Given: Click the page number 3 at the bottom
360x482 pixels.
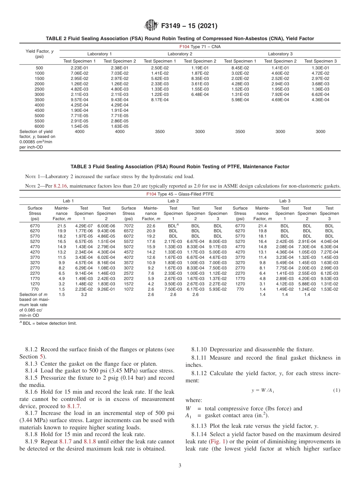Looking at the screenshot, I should coord(180,465).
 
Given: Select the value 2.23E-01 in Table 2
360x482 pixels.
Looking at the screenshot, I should coord(79,68).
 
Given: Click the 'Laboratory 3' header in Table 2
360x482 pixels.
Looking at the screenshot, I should coord(280,54).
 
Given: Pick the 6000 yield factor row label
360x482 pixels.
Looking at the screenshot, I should coord(39,126).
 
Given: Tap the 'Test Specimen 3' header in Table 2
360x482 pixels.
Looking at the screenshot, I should coord(321,61).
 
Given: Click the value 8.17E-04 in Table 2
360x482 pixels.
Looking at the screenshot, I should coord(160,100).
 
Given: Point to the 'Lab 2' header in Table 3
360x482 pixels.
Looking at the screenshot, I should coord(173,200).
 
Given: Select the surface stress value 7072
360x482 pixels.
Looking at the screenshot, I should coord(128,225).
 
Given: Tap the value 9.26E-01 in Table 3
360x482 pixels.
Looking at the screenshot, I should coord(106,289).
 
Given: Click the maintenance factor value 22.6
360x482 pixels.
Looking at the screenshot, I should coord(151,225).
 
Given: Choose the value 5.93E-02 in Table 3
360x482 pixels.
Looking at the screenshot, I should coord(218,289).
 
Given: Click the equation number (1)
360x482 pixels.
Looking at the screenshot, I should coord(337,390).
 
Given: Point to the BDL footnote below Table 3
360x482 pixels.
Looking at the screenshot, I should coord(49,323).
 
